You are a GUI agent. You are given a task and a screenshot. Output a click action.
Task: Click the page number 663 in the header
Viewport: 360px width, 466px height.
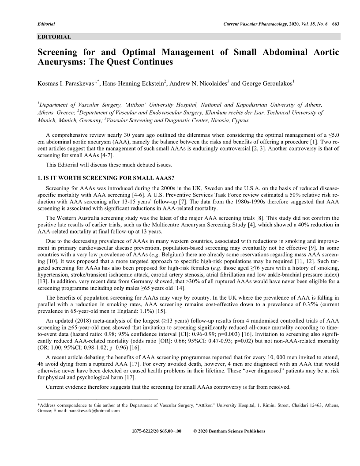[335, 23]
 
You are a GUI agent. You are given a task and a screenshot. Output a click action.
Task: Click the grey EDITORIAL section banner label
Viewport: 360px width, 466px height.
[54, 36]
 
